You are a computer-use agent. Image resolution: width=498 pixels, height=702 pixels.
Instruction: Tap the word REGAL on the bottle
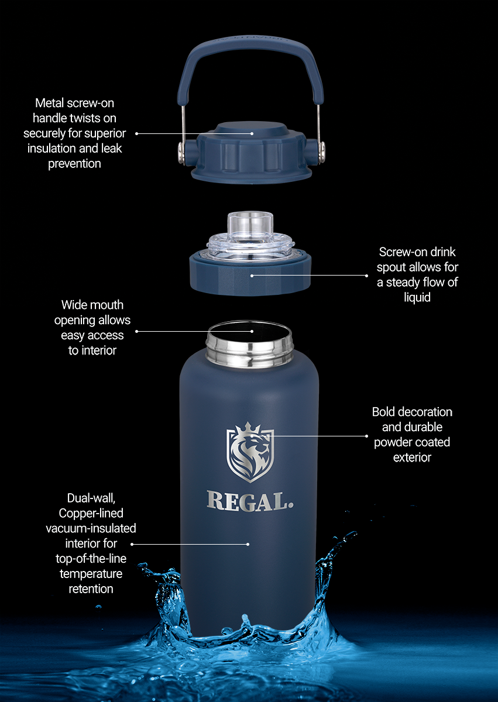pyautogui.click(x=250, y=501)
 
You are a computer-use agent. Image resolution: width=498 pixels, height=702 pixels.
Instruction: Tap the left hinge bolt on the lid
pyautogui.click(x=183, y=152)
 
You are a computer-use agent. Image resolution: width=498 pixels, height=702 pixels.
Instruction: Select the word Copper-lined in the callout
pyautogui.click(x=91, y=513)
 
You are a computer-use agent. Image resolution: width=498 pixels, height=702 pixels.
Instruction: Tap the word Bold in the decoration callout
pyautogui.click(x=383, y=412)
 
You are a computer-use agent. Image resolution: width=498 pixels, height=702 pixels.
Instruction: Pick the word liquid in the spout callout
pyautogui.click(x=417, y=297)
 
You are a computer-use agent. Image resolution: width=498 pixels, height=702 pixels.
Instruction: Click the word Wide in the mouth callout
pyautogui.click(x=75, y=305)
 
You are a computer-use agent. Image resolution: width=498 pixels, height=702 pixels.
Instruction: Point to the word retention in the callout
pyautogui.click(x=91, y=589)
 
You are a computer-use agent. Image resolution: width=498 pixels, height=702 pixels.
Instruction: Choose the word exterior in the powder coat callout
pyautogui.click(x=412, y=457)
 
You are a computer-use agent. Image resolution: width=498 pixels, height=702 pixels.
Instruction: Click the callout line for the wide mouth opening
pyautogui.click(x=193, y=332)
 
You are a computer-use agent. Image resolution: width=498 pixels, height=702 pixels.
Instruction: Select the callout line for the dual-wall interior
pyautogui.click(x=193, y=544)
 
